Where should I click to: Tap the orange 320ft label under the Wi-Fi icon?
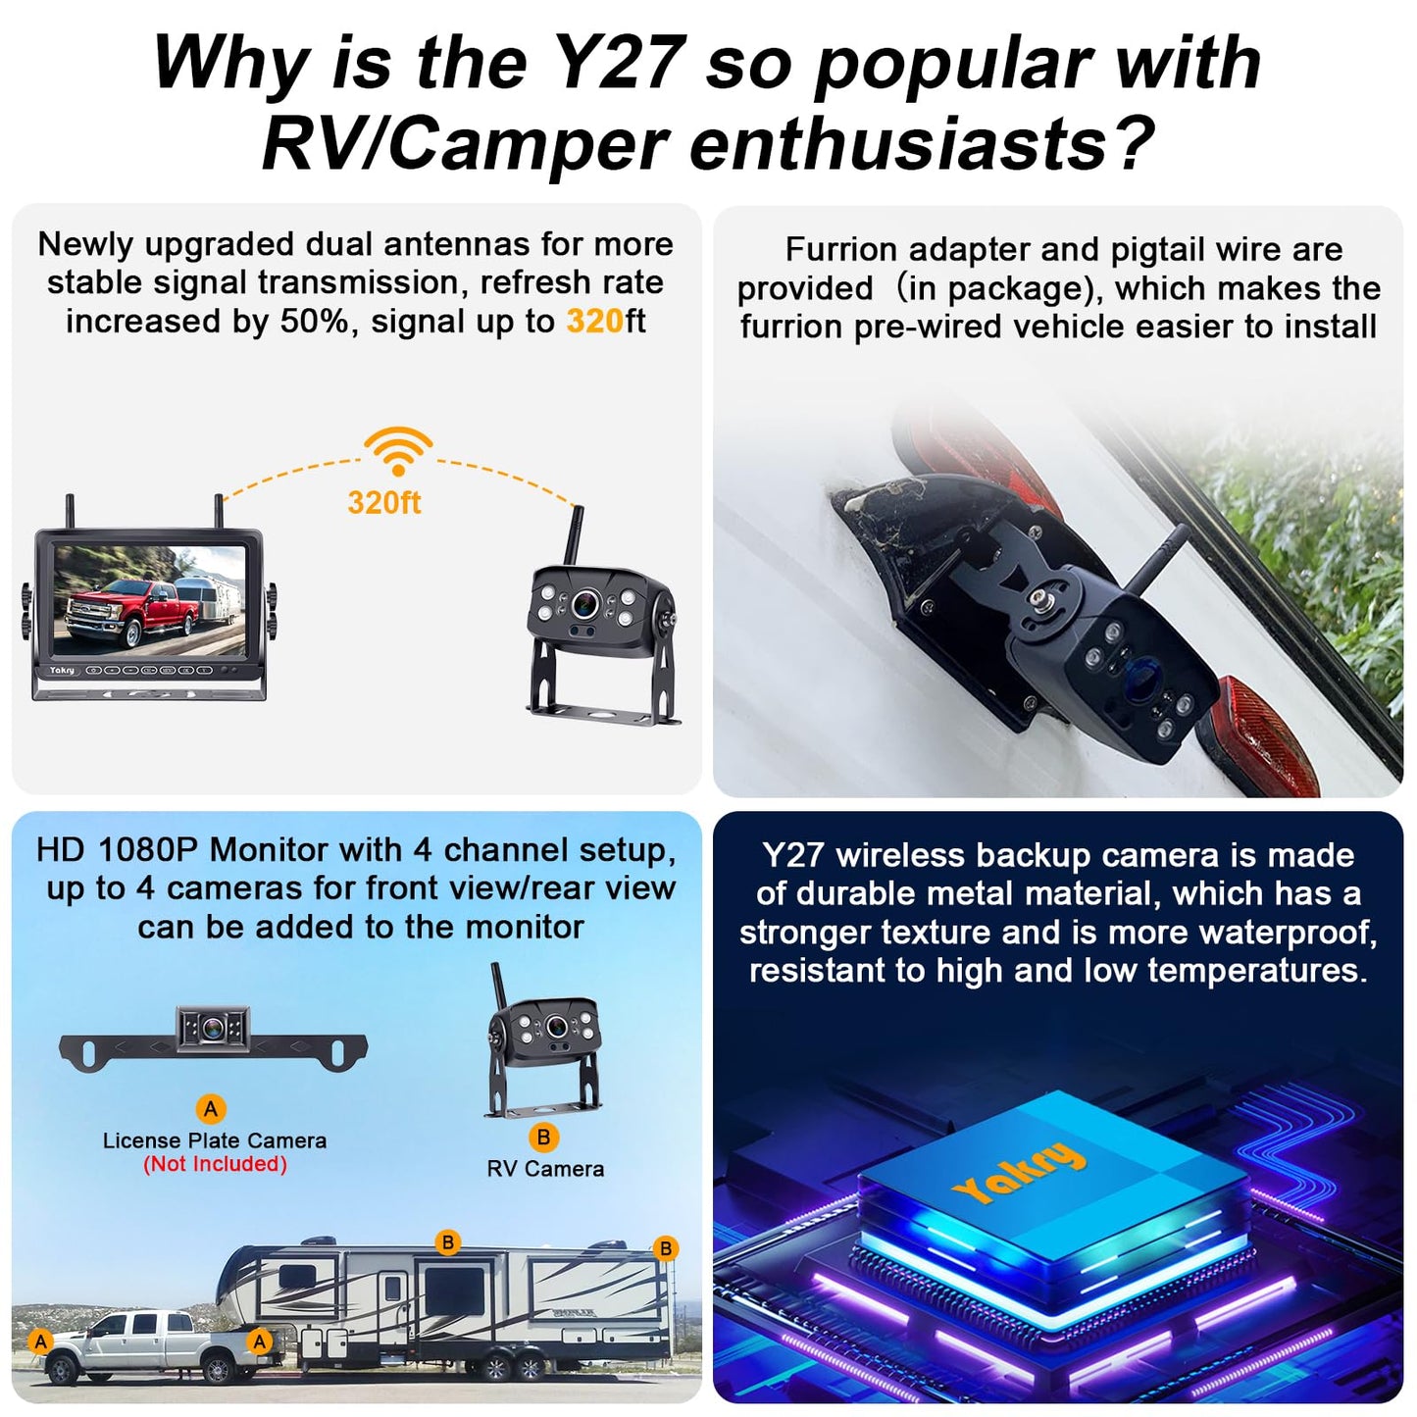tap(383, 503)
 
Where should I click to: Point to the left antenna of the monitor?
tap(71, 512)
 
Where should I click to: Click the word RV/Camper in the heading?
tap(466, 144)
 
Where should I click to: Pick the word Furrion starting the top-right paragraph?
tap(842, 250)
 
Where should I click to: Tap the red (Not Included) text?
tap(215, 1164)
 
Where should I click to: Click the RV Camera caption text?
tap(545, 1169)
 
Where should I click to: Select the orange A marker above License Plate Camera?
tap(211, 1109)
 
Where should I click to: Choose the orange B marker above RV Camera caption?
tap(543, 1138)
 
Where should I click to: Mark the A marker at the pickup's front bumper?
tap(40, 1341)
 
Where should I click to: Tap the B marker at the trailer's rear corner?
tap(666, 1248)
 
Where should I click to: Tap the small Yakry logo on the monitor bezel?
tap(62, 671)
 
